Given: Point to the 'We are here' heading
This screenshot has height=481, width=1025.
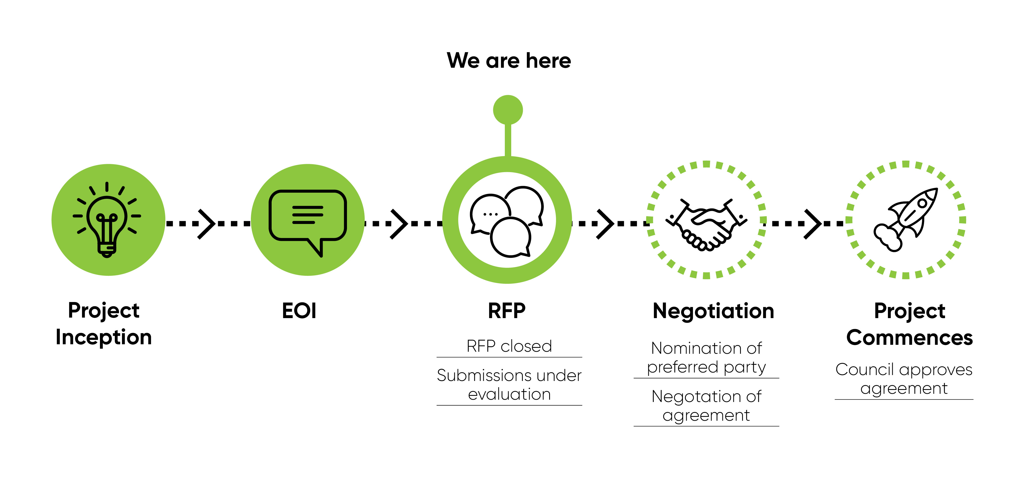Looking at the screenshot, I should (508, 61).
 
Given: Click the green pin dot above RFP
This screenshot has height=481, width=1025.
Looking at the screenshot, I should (508, 110).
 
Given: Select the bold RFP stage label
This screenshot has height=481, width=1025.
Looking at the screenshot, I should (507, 311).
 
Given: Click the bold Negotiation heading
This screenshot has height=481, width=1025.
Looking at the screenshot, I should (713, 311).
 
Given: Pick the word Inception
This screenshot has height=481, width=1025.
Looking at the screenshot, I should (104, 337).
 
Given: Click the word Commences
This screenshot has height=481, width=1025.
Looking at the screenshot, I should (909, 338).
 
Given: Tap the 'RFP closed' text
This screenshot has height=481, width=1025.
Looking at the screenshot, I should (509, 346).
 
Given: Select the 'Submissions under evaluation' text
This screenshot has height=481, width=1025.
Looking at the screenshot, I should (509, 385).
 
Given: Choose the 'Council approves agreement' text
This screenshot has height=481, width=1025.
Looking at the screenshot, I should (904, 379).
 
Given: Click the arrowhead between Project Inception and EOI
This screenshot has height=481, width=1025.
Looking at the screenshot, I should (207, 224).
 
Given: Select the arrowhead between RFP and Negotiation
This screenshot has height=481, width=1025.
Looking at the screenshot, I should (606, 224).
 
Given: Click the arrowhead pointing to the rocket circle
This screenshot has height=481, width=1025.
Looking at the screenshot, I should (813, 224).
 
